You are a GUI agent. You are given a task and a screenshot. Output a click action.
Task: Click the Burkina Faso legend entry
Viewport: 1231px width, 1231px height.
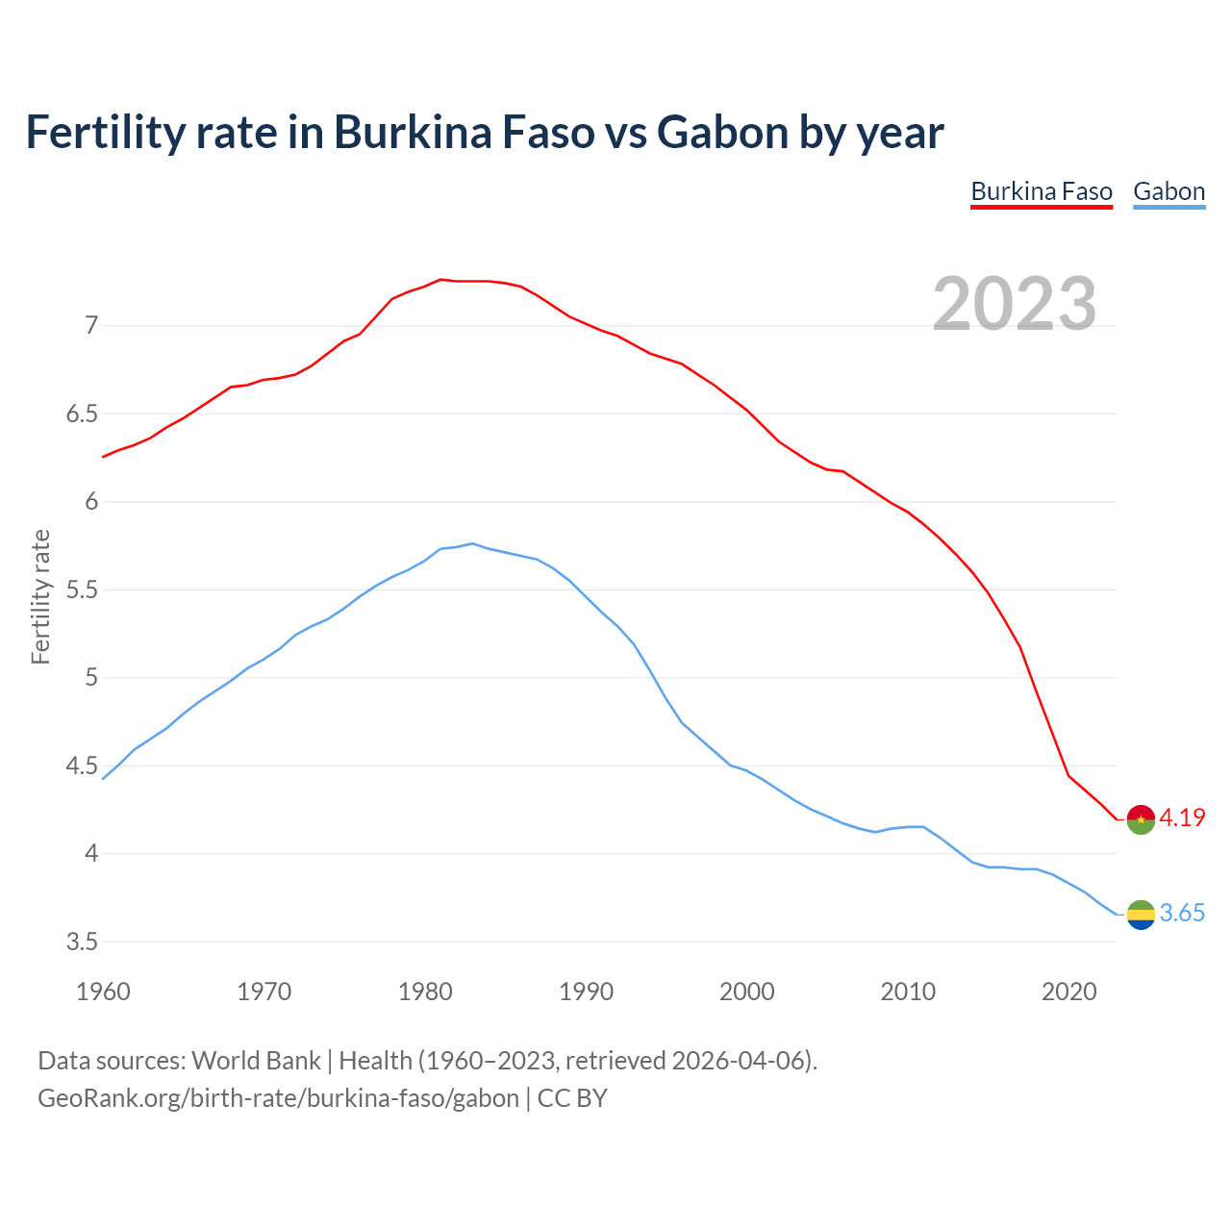1042,191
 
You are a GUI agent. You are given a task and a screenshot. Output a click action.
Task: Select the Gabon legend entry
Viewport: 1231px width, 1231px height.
1168,191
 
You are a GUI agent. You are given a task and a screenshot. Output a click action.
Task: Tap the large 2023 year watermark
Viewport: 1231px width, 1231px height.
1015,304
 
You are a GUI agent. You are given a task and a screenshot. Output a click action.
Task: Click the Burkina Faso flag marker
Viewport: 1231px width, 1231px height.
1141,818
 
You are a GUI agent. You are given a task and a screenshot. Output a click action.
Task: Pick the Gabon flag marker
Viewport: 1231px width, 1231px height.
1141,915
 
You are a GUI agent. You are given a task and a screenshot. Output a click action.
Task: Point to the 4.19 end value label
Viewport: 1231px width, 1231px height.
1182,818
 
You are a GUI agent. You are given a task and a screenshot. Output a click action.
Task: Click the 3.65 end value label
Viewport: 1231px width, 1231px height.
1182,914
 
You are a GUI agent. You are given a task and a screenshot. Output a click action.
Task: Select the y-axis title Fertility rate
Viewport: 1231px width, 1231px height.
40,596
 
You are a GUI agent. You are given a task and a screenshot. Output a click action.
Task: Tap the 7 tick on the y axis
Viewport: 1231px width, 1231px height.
91,326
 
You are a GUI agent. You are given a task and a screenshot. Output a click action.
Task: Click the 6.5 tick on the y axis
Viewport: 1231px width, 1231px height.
82,415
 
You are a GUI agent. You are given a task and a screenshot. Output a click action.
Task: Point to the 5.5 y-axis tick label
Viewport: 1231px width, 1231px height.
82,590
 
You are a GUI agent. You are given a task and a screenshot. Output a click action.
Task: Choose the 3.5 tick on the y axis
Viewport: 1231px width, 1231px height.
82,942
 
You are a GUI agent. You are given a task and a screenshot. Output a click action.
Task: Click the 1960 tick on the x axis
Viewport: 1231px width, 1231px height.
103,992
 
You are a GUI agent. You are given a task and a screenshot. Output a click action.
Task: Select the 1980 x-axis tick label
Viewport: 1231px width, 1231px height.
425,992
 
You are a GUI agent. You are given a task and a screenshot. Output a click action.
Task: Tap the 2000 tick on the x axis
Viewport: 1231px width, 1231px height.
747,992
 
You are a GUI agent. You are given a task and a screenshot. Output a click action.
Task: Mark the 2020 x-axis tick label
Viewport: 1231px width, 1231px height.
1068,992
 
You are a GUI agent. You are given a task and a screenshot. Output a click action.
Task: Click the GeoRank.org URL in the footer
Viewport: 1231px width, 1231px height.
278,1098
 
